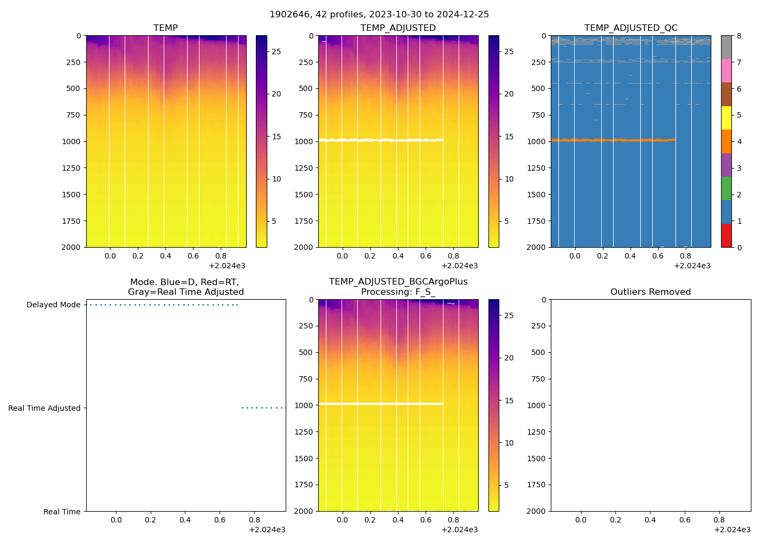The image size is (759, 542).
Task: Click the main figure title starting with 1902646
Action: [x=379, y=15]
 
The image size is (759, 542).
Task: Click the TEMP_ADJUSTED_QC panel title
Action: [x=631, y=28]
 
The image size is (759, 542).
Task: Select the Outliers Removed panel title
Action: [x=650, y=292]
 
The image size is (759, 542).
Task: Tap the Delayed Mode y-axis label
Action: [x=53, y=305]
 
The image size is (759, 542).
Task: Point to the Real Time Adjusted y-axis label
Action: [x=44, y=408]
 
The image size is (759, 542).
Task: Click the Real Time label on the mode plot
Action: [x=61, y=512]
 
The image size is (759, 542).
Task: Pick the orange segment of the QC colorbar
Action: [x=726, y=141]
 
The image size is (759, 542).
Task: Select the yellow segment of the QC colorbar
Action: [x=726, y=118]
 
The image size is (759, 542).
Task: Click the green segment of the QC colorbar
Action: [x=726, y=189]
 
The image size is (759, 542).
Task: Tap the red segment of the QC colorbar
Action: [x=726, y=236]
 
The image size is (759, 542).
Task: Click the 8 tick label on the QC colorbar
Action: [x=739, y=36]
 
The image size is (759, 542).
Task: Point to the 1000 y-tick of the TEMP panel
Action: [x=71, y=141]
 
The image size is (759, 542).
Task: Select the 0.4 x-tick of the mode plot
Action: [x=185, y=520]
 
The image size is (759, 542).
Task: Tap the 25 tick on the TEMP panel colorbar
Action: [x=276, y=51]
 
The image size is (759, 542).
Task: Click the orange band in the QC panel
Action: [x=613, y=140]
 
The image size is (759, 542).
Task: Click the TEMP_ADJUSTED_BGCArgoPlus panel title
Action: [x=398, y=282]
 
